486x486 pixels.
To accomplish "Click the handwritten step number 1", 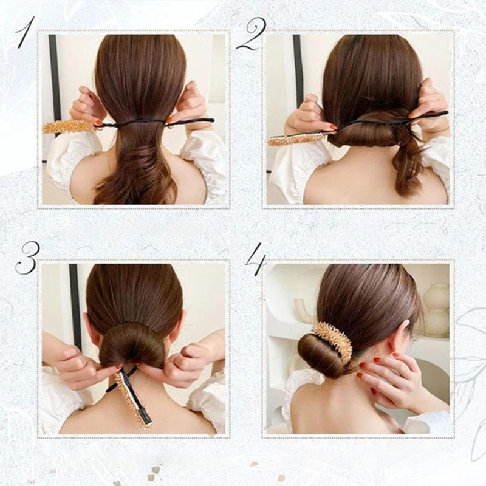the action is [24, 33].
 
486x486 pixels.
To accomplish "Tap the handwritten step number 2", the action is [250, 35].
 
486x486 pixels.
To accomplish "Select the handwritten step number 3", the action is [27, 258].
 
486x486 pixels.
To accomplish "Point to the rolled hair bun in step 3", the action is [132, 343].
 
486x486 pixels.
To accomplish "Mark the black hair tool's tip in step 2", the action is [446, 112].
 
